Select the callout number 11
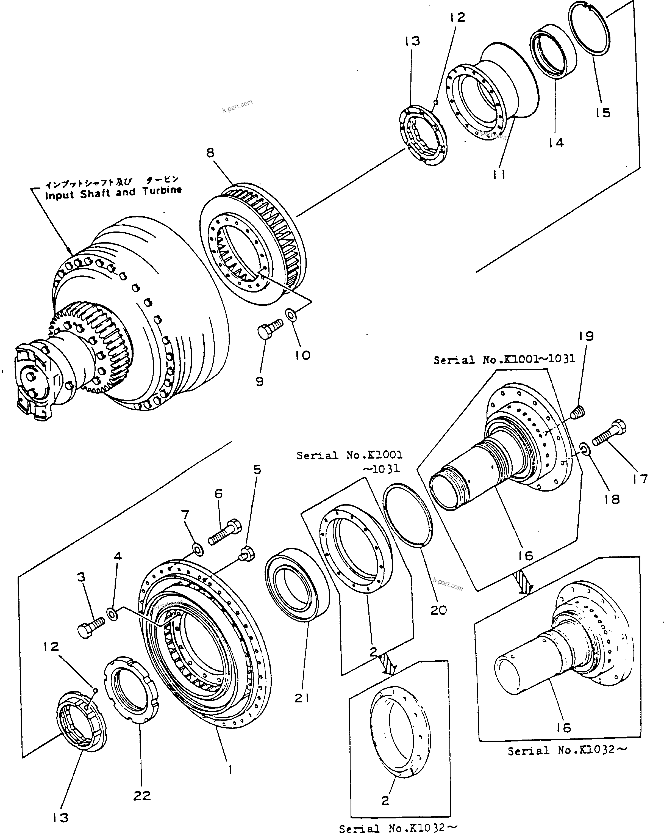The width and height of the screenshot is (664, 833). tap(499, 175)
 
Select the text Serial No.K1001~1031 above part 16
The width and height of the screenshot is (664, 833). tap(504, 359)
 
